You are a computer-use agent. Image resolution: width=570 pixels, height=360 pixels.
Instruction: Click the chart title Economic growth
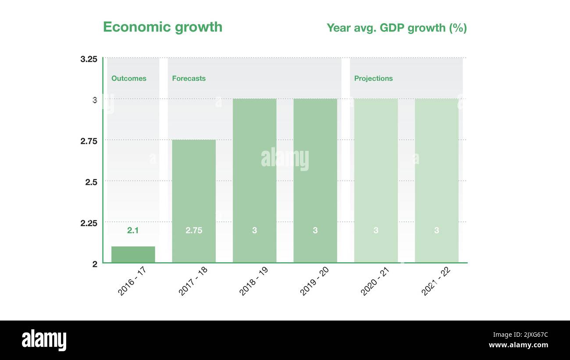pos(163,27)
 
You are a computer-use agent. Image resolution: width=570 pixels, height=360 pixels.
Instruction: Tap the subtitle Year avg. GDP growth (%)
pos(396,28)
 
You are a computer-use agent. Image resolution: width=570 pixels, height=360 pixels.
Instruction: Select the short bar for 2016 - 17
pos(133,255)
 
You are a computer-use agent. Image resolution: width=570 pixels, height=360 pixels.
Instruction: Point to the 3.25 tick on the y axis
pos(89,59)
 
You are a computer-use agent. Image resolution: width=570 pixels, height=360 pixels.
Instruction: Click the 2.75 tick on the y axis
pos(89,141)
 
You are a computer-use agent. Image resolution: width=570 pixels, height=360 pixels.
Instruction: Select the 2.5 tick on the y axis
pos(91,182)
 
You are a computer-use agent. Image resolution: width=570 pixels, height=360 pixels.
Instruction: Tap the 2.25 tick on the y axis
pos(89,223)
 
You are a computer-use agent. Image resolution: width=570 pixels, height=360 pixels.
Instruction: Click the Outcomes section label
pos(129,78)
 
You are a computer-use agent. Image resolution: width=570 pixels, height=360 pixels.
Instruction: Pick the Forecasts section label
pos(189,78)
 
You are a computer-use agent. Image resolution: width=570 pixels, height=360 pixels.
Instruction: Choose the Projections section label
pos(374,78)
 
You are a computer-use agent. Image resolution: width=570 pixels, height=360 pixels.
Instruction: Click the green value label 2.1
pos(133,230)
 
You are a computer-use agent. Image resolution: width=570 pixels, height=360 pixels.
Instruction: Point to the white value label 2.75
pos(194,230)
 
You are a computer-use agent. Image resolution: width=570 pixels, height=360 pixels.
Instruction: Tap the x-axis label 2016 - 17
pos(132,281)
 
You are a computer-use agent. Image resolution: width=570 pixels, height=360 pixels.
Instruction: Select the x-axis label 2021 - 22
pos(436,281)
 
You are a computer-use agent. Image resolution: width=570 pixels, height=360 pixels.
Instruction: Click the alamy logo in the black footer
pos(44,340)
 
